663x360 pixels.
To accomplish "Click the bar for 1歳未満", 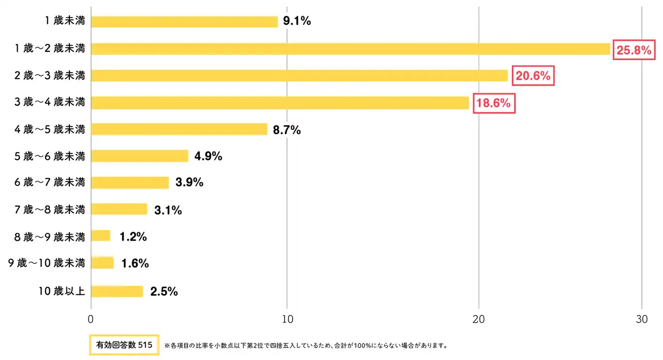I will coord(184,22).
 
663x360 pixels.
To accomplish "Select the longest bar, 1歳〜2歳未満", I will coord(351,49).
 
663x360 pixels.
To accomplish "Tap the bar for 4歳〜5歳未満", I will coord(179,129).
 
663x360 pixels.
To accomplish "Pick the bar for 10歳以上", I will coord(117,291).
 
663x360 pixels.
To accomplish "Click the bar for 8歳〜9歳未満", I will coord(101,236).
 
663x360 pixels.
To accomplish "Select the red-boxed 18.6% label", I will coord(494,103).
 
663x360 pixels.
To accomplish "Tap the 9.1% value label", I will coord(297,22).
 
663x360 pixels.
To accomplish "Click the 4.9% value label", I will coord(208,156).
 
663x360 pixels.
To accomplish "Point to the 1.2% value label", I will coord(133,237).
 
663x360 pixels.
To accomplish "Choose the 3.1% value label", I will coord(168,210).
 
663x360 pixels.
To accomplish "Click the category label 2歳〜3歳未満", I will coord(50,76).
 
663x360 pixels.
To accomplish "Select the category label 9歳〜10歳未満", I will coord(47,263).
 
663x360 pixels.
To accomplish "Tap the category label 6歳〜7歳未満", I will coord(50,183).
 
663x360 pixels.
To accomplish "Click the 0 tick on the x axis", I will coord(91,320).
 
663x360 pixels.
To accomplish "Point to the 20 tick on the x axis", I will coord(479,320).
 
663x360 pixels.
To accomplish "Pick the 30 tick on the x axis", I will coord(642,320).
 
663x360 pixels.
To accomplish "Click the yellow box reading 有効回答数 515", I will coord(123,344).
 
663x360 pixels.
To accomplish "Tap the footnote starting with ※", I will coord(306,345).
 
